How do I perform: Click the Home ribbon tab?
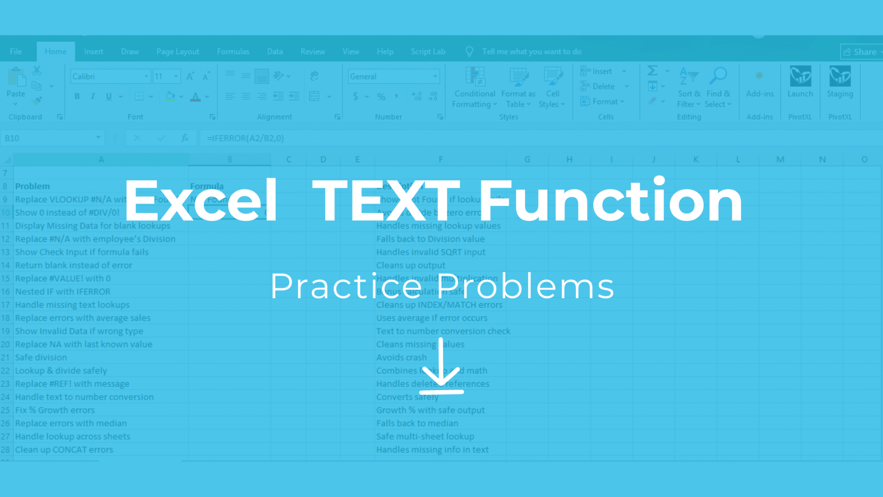click(x=56, y=52)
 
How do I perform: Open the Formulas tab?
click(x=233, y=52)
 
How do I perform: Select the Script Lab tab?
click(x=428, y=52)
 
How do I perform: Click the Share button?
click(x=861, y=52)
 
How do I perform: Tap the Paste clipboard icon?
click(x=16, y=80)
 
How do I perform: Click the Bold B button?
click(x=77, y=96)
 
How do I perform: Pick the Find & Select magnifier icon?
click(x=718, y=77)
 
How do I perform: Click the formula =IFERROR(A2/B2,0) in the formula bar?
click(x=245, y=138)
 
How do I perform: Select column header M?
click(x=780, y=159)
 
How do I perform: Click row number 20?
click(x=6, y=344)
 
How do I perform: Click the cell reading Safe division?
click(x=41, y=357)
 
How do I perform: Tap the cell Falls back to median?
click(x=417, y=423)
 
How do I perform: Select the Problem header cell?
click(x=32, y=186)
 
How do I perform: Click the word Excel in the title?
click(x=200, y=201)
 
